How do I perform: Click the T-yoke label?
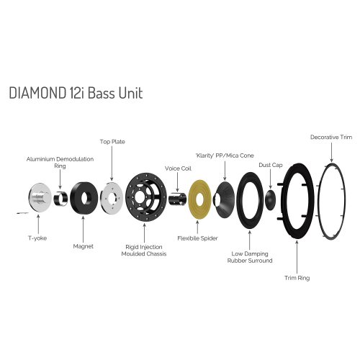point(35,237)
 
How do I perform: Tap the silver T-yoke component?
point(37,200)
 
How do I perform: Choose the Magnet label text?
point(84,247)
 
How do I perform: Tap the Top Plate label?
point(112,142)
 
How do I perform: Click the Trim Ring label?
point(297,277)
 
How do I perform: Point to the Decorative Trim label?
point(330,137)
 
